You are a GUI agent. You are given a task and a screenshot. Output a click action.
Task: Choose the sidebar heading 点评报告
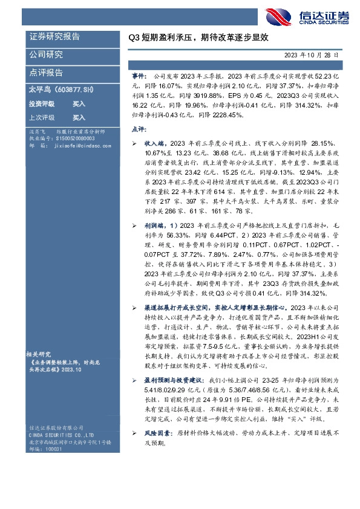(x=46, y=73)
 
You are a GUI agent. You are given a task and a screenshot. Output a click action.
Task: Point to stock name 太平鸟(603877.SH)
(x=61, y=89)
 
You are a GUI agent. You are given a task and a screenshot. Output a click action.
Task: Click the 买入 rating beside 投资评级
(x=79, y=104)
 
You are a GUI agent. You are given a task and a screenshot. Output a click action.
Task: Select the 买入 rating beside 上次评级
(x=79, y=118)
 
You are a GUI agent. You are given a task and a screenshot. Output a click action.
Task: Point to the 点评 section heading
(x=138, y=129)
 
